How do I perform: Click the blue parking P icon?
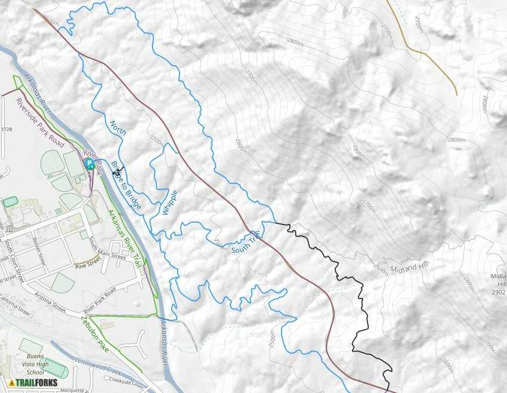[x=88, y=162]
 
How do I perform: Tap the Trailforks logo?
[x=30, y=383]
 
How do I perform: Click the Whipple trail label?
[x=170, y=203]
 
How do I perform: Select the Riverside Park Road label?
[x=40, y=122]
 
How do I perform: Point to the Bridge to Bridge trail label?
[x=127, y=185]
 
